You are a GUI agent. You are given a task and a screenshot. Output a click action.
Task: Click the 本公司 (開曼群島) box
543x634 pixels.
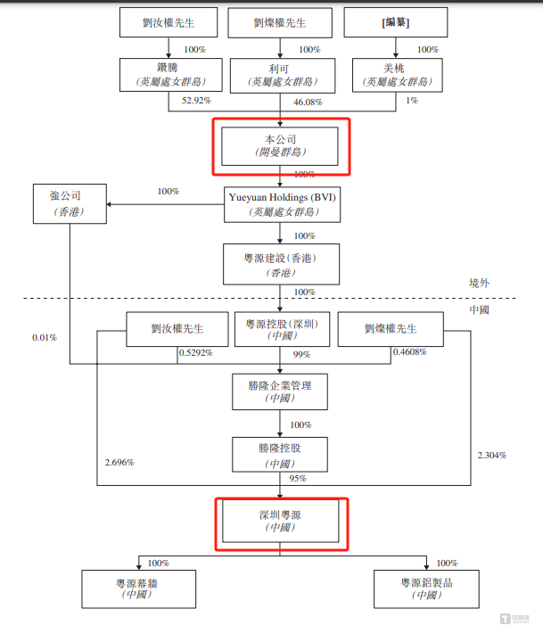[280, 146]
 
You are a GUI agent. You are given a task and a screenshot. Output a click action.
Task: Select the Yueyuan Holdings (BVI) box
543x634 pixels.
[281, 204]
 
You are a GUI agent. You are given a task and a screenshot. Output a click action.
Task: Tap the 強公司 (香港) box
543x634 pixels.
[70, 204]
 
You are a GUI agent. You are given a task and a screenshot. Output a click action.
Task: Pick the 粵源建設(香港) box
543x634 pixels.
[281, 265]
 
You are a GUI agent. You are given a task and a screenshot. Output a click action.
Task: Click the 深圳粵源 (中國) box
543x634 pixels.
[280, 521]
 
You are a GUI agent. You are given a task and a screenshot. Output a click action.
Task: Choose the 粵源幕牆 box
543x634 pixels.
[138, 589]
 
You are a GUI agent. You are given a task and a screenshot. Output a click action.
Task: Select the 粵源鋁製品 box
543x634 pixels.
[426, 589]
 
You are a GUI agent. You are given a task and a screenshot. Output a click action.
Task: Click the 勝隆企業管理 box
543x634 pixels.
[281, 391]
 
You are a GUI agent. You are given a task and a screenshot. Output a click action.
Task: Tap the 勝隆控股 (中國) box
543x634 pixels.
[281, 454]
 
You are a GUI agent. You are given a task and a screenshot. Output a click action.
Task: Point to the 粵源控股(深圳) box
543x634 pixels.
[282, 330]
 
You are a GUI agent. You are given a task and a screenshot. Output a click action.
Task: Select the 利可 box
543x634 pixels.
[282, 75]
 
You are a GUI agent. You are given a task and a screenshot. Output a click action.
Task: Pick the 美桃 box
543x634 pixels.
[396, 75]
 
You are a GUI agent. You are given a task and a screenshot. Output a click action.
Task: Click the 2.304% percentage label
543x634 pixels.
[492, 456]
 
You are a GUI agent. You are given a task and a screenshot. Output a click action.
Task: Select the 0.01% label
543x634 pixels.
[45, 338]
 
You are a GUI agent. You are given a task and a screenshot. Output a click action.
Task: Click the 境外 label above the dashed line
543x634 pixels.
[480, 282]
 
